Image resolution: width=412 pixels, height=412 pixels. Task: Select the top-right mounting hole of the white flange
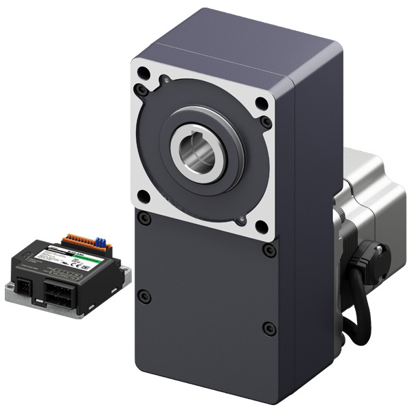[261, 105]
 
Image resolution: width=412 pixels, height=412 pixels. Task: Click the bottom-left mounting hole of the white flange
[143, 197]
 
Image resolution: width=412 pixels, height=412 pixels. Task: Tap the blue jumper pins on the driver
[101, 241]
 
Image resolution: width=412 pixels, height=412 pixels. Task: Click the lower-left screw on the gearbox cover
[144, 297]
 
